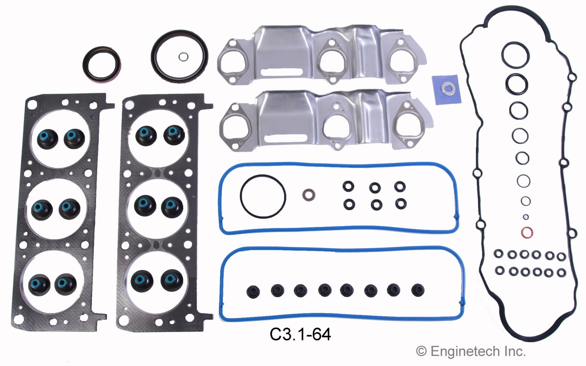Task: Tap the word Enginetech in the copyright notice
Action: tap(470, 351)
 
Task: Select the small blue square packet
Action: tap(446, 89)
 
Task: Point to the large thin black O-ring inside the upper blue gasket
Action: tap(263, 196)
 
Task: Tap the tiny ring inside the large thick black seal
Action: tap(183, 57)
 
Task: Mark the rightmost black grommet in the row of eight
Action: tap(417, 291)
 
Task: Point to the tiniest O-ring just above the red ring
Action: tap(526, 217)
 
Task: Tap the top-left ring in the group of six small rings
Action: tap(348, 187)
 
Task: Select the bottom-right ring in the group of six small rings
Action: tap(400, 203)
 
